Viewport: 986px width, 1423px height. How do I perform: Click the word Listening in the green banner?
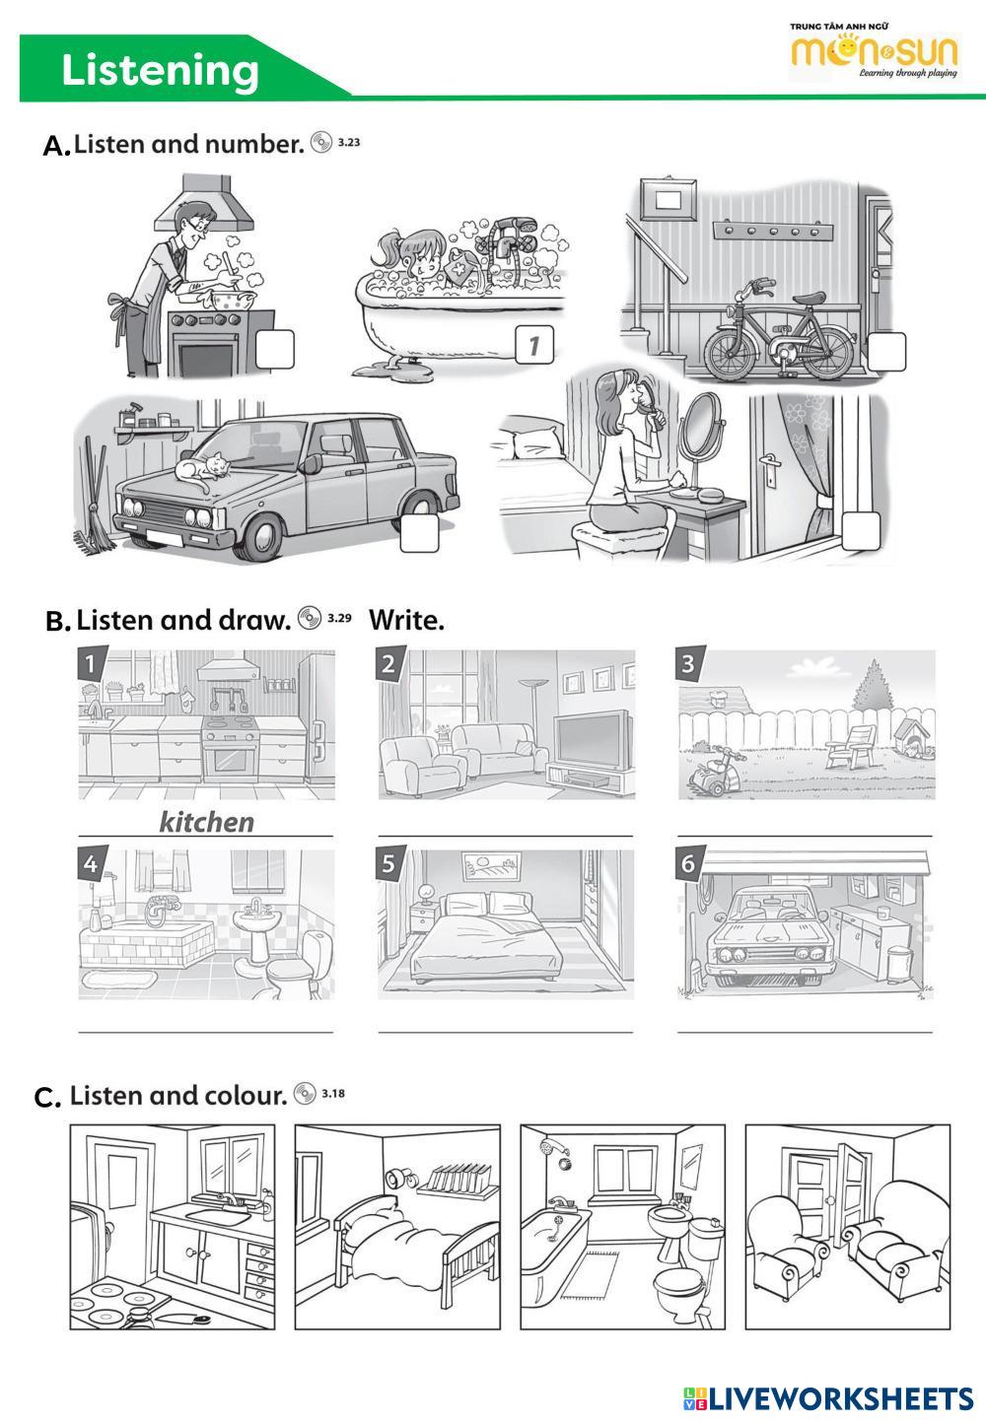[x=161, y=71]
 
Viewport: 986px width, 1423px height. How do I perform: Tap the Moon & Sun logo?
[x=874, y=54]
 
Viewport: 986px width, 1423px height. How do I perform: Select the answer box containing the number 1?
[x=533, y=345]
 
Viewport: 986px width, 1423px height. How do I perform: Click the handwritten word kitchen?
[x=206, y=822]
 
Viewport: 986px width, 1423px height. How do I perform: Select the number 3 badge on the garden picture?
[x=688, y=663]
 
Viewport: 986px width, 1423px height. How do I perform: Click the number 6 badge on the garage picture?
[x=688, y=864]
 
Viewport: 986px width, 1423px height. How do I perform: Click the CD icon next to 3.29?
[x=310, y=618]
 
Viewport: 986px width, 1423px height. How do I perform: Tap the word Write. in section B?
[x=406, y=620]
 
